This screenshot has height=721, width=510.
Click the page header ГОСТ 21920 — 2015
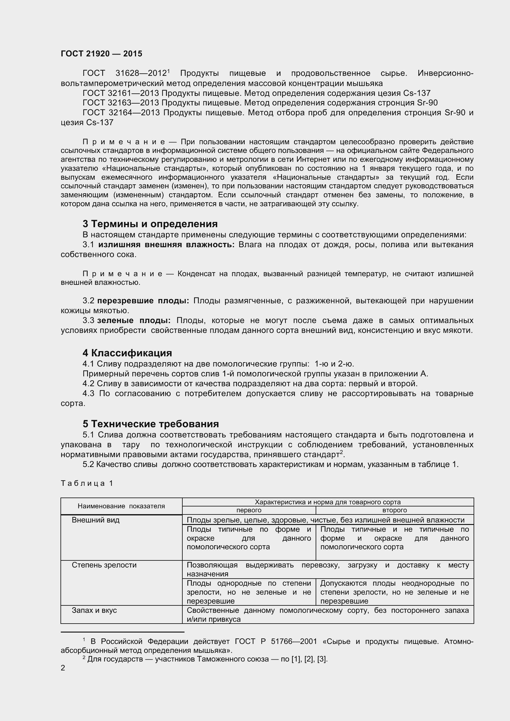click(x=101, y=54)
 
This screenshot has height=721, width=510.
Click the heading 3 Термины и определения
click(x=150, y=224)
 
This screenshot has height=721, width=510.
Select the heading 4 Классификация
click(x=127, y=353)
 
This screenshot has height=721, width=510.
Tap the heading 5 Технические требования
click(x=151, y=424)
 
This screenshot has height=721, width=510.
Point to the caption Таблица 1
click(x=87, y=483)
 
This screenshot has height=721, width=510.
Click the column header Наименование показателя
click(x=121, y=506)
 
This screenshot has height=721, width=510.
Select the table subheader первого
click(x=249, y=510)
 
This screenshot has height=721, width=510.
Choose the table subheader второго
click(x=394, y=510)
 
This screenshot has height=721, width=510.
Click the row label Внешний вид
click(x=96, y=520)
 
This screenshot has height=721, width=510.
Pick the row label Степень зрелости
click(x=104, y=565)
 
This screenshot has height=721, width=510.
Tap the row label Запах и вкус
click(x=94, y=610)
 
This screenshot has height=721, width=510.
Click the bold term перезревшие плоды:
click(x=143, y=301)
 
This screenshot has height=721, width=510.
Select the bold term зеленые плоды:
click(x=134, y=321)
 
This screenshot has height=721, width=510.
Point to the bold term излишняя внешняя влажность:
click(x=166, y=245)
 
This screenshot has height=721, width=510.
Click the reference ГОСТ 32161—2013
click(x=121, y=93)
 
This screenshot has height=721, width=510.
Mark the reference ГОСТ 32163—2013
click(x=121, y=103)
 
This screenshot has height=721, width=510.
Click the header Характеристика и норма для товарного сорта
click(x=327, y=502)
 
